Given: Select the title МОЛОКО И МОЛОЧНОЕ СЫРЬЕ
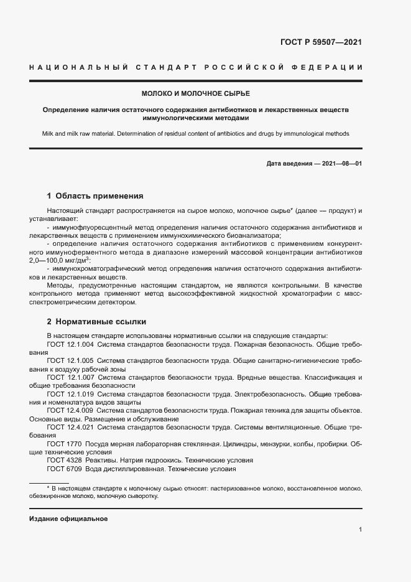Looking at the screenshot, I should pos(195,93).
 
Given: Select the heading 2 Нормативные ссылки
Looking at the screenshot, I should pos(96,322).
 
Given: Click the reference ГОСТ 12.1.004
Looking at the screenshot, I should pos(70,344).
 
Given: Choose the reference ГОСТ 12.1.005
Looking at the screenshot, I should pos(70,361).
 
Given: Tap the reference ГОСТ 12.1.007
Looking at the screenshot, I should pos(70,378).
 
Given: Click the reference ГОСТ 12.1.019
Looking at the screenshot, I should pos(70,395).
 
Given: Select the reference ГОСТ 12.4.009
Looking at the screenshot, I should pos(70,411).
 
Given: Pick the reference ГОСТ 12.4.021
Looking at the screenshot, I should pos(70,428).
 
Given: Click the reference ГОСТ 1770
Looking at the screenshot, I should pos(65,444).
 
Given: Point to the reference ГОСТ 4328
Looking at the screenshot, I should pos(65,461).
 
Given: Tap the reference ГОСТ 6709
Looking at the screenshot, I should pos(65,469).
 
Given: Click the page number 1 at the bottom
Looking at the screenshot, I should pos(360,530).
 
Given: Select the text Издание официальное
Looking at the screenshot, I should pos(69,519).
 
